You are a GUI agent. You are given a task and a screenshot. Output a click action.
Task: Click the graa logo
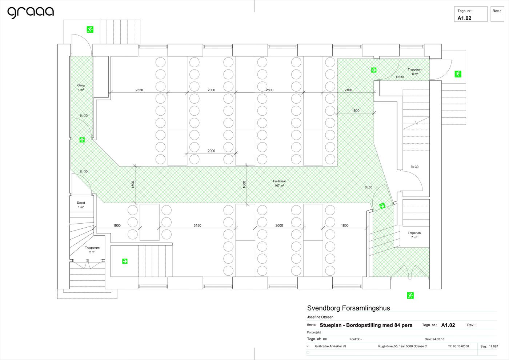click(31, 12)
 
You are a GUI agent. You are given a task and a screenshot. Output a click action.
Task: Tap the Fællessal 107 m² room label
click(279, 183)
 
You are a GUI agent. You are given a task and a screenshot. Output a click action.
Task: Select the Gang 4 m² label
click(81, 88)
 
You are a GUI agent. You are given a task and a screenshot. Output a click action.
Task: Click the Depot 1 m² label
click(81, 205)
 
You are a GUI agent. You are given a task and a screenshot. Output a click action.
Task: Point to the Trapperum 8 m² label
click(415, 72)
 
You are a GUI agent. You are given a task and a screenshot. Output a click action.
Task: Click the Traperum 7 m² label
click(414, 235)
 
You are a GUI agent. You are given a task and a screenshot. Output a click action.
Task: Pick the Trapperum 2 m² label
click(92, 250)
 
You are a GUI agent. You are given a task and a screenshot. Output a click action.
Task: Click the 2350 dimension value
click(139, 90)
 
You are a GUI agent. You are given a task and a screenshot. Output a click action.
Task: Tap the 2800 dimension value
click(269, 90)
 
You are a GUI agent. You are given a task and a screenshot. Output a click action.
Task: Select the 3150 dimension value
click(197, 225)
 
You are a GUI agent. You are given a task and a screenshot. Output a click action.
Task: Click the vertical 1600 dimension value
click(244, 184)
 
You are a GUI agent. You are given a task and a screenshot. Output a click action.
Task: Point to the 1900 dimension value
click(117, 225)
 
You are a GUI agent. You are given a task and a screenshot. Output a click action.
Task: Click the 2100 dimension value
click(348, 90)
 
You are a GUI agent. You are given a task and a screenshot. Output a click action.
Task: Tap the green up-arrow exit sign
click(82, 140)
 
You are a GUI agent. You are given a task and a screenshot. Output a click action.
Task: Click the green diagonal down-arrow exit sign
click(382, 206)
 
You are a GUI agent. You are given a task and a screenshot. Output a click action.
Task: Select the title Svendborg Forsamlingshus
click(348, 308)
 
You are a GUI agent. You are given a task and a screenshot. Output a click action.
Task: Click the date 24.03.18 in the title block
click(437, 339)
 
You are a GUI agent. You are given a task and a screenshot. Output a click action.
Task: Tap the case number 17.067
click(494, 346)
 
